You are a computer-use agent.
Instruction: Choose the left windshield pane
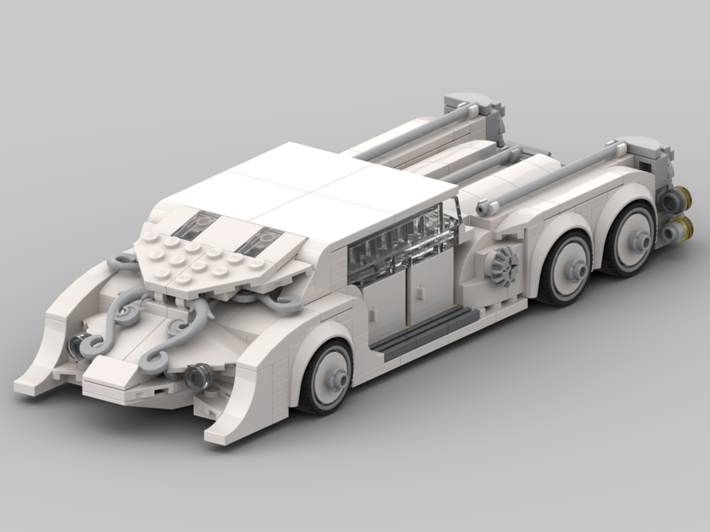coord(193,223)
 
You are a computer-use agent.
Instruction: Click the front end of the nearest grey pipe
coord(485,210)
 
